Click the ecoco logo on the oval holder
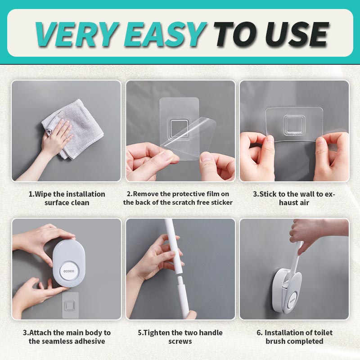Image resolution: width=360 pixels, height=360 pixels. tap(69, 271)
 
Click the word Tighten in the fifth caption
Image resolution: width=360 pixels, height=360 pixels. tap(156, 333)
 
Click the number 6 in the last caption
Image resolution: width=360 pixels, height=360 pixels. tap(259, 333)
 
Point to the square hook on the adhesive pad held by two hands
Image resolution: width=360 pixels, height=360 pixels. tap(294, 126)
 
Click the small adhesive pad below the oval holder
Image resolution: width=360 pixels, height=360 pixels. tap(70, 305)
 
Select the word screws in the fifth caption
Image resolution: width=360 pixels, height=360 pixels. tap(180, 342)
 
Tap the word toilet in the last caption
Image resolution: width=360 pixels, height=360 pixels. tap(323, 333)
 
